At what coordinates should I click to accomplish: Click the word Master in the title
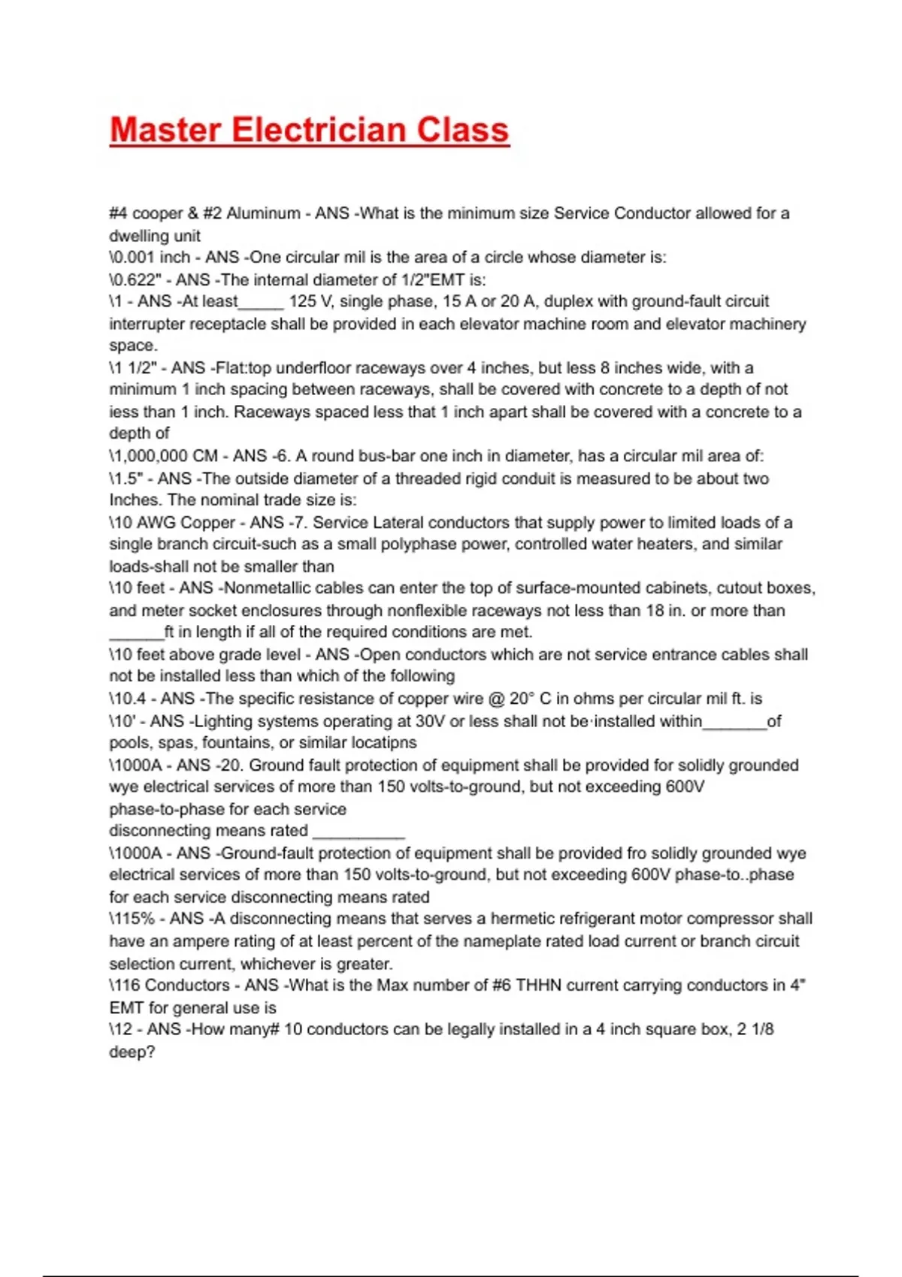click(x=165, y=130)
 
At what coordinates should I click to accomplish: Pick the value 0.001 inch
click(x=151, y=258)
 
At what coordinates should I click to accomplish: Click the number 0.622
click(x=138, y=280)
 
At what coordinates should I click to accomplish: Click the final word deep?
click(x=132, y=1052)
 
